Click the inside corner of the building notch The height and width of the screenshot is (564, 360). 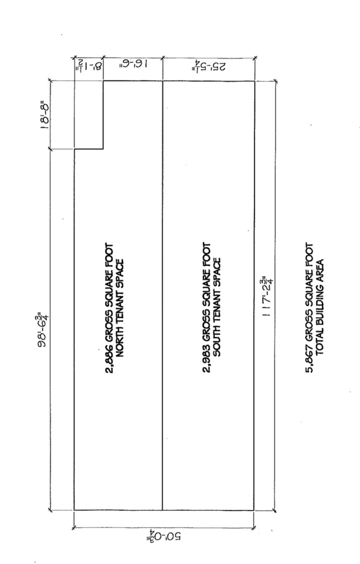click(x=103, y=149)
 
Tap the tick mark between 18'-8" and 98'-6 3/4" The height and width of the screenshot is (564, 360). click(x=51, y=149)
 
